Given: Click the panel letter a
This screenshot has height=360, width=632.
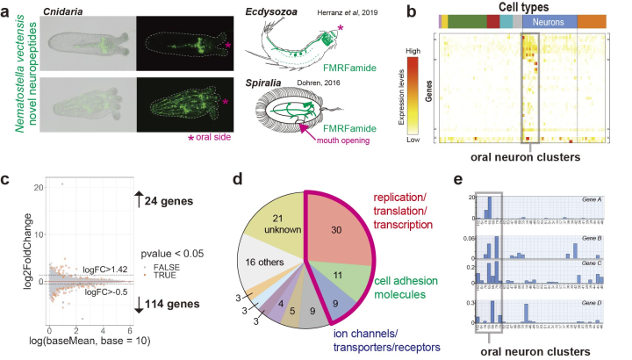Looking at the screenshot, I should coord(7,11).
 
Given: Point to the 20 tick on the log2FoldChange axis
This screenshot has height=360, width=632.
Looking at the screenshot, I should coord(33,187).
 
